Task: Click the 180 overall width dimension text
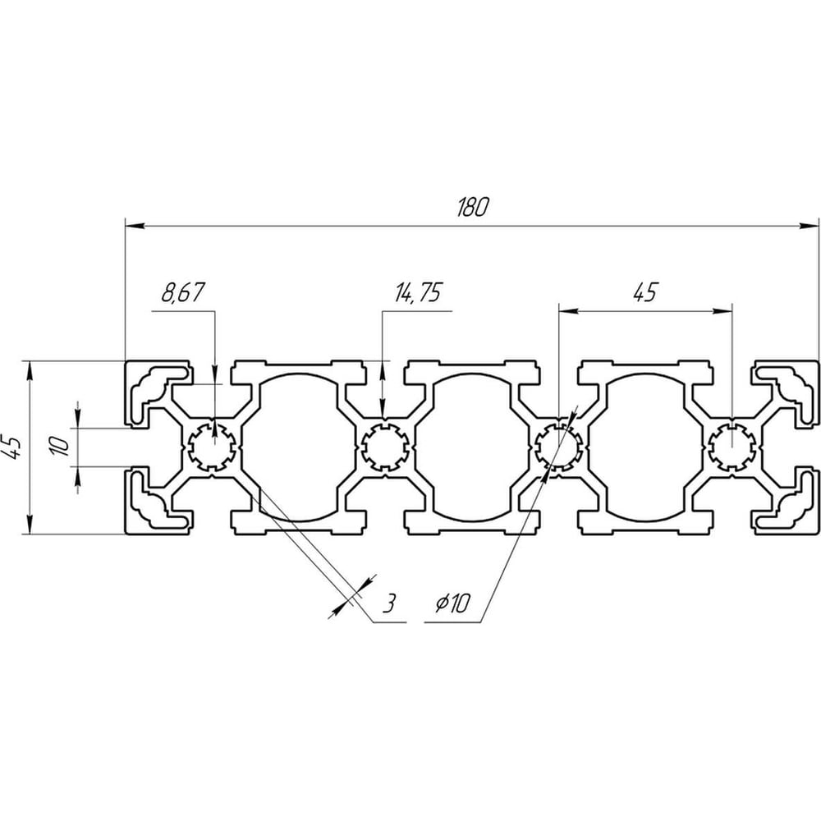click(x=472, y=208)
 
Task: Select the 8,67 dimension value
click(x=182, y=292)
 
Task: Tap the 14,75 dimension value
click(x=418, y=292)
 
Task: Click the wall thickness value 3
click(x=388, y=603)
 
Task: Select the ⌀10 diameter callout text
click(x=453, y=603)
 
